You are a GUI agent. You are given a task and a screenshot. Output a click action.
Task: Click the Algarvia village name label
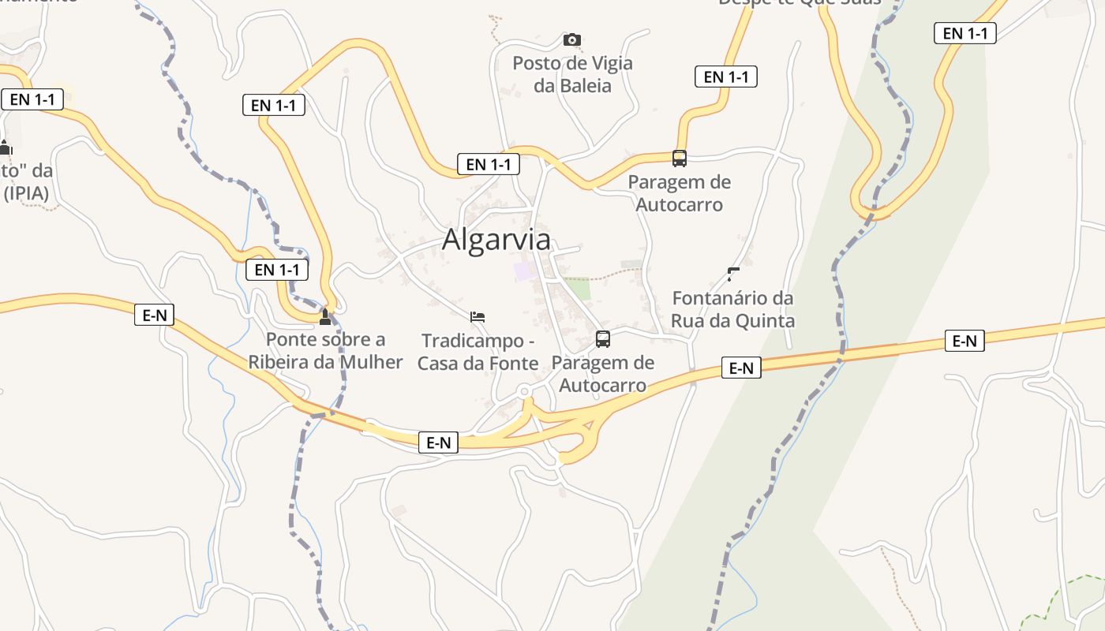point(496,240)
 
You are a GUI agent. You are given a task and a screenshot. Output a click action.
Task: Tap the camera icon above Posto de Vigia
point(572,39)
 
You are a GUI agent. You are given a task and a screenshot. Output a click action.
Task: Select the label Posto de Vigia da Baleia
point(572,74)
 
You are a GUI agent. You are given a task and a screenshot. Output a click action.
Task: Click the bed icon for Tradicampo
point(477,317)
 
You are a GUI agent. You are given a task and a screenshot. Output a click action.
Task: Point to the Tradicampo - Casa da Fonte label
point(478,352)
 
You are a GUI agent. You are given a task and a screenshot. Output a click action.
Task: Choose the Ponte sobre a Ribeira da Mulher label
point(325,350)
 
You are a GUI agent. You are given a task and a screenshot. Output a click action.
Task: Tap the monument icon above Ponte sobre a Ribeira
point(325,317)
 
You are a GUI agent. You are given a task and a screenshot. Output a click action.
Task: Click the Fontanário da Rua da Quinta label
point(732,309)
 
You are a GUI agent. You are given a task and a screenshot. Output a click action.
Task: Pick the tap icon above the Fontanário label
point(733,274)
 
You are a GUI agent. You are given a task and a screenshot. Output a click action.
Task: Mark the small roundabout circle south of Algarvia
point(524,391)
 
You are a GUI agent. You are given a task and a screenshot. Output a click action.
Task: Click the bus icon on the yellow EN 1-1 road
point(680,158)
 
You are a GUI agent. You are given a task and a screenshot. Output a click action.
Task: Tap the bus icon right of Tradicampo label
point(603,339)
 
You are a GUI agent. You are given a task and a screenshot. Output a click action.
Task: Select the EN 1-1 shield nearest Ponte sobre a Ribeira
point(276,270)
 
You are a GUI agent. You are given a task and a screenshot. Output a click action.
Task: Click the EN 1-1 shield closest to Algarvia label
point(489,164)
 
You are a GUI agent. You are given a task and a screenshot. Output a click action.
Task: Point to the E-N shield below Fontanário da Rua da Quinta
point(740,368)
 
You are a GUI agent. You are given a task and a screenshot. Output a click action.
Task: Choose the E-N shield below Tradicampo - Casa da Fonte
point(438,442)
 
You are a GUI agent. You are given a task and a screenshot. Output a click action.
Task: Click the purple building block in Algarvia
point(523,271)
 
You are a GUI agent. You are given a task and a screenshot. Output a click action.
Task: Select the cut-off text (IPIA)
point(26,192)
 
